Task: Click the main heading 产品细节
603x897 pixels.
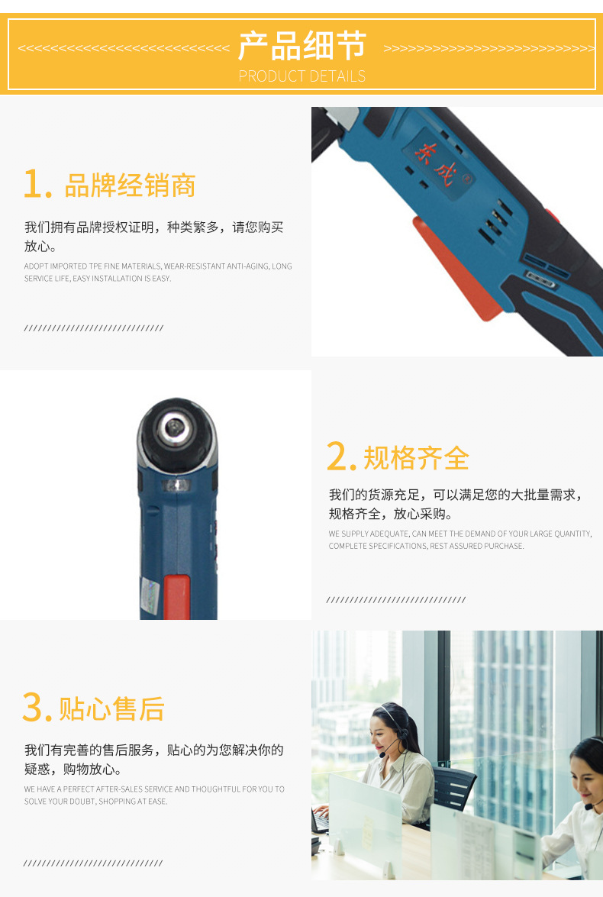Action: click(302, 46)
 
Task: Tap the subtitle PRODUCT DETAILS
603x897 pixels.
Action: click(302, 76)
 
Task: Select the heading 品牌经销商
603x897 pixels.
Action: click(130, 186)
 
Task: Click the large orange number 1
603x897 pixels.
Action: click(37, 184)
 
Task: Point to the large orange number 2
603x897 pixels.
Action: click(341, 457)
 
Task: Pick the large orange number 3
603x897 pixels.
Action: click(37, 707)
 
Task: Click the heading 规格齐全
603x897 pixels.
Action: click(417, 458)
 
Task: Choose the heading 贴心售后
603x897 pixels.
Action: click(112, 709)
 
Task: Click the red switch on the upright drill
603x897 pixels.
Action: click(177, 597)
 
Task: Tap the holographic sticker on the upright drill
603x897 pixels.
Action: click(150, 595)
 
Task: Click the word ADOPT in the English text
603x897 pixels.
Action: click(36, 266)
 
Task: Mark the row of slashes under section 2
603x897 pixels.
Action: click(396, 599)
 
